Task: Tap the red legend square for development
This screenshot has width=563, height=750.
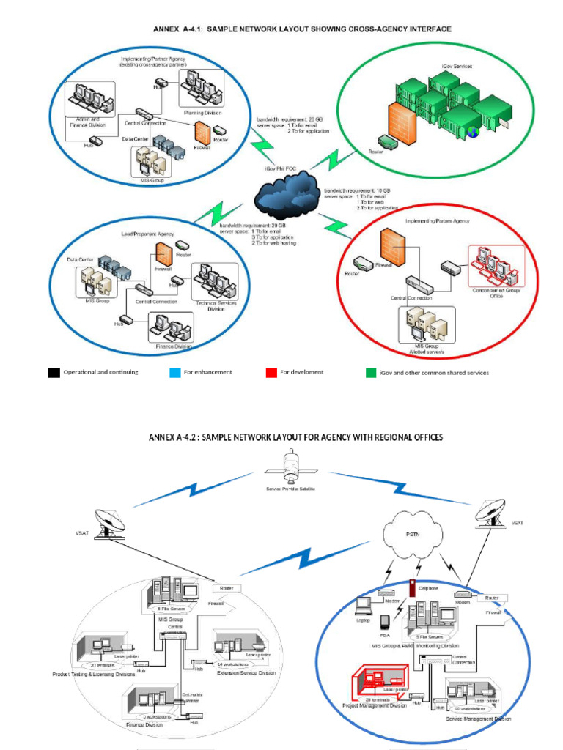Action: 271,372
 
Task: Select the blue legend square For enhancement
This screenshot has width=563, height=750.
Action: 174,372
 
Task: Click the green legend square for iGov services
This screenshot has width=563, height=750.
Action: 371,373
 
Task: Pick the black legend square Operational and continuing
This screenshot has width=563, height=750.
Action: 54,373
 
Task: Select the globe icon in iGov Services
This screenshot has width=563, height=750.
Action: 473,133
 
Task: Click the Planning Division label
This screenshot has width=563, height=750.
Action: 202,113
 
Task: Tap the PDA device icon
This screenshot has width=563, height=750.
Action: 384,623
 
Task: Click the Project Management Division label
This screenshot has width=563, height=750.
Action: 375,705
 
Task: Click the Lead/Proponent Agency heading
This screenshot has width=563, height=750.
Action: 147,234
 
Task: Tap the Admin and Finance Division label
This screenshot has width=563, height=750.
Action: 87,122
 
